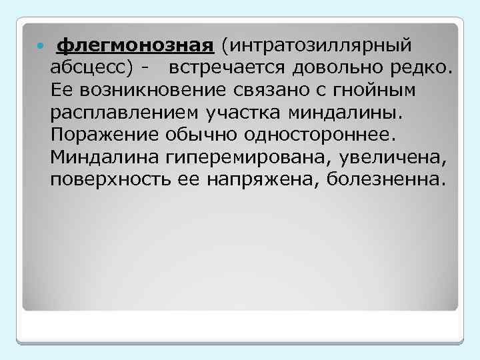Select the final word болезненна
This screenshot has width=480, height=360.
click(x=385, y=180)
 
